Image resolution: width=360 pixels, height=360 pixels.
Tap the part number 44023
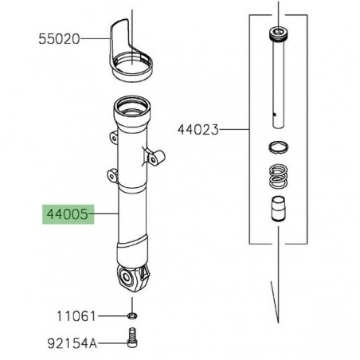coord(198,128)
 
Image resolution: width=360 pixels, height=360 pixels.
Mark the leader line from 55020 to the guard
coord(94,37)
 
